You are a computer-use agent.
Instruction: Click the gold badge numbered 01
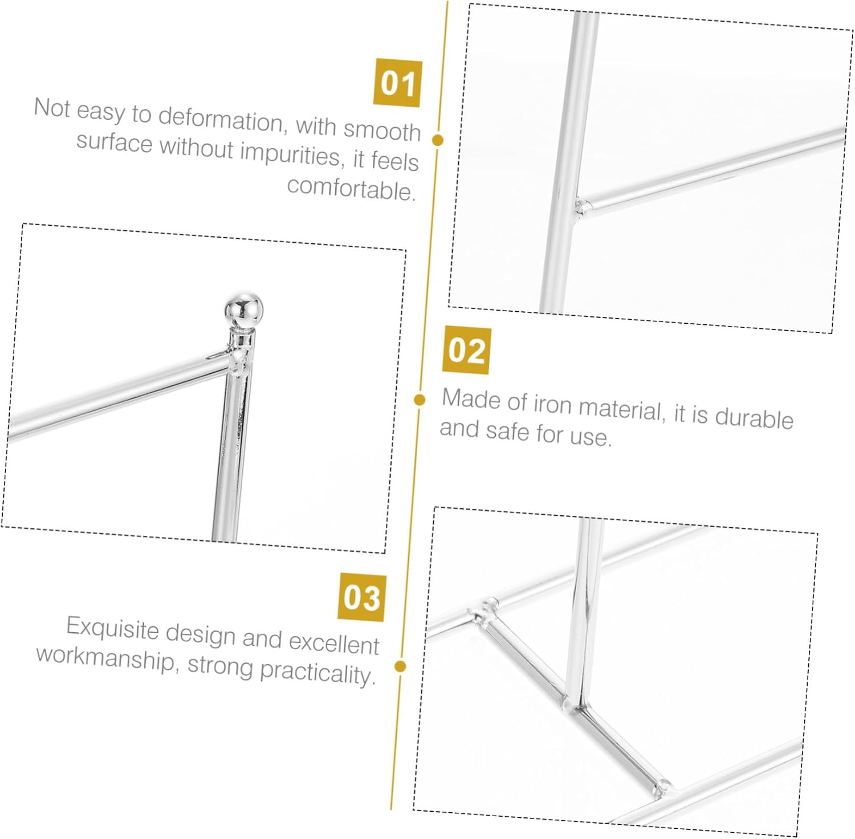coord(398,83)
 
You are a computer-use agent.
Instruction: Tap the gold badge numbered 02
coord(466,350)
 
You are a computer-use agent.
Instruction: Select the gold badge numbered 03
coord(362,597)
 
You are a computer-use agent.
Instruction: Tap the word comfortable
coord(351,188)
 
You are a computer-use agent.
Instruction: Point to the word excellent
coord(333,642)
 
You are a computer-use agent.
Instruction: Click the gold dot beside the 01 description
coord(438,140)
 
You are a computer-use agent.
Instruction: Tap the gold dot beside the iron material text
coord(420,400)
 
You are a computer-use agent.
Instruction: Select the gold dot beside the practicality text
coord(400,666)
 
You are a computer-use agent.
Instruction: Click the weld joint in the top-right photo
coord(583,206)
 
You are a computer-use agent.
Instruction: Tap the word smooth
coord(382,130)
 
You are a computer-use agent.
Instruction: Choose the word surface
coord(114,141)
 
